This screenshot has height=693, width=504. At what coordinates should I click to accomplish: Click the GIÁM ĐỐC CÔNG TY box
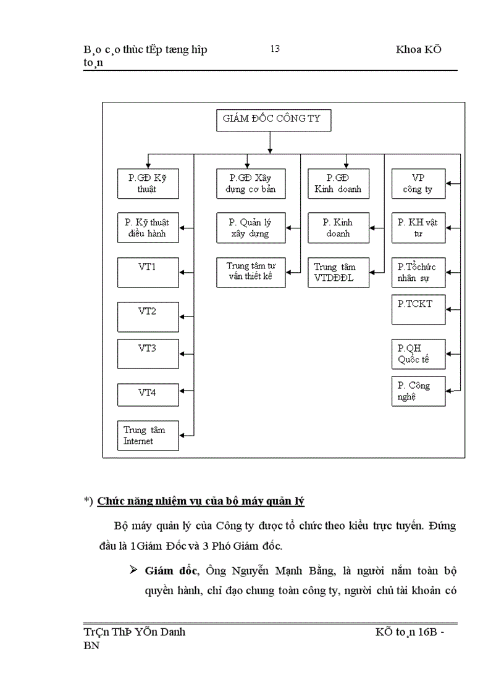tap(274, 120)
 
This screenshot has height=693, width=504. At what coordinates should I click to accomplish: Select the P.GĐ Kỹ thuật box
tap(148, 184)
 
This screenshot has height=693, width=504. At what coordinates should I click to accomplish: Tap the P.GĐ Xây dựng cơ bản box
tap(251, 184)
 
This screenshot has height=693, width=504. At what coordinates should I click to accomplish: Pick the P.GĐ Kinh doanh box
tap(338, 184)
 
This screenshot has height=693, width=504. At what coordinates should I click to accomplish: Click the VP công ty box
tap(418, 184)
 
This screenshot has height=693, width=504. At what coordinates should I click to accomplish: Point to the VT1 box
tap(148, 272)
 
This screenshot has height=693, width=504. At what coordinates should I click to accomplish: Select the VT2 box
tap(148, 317)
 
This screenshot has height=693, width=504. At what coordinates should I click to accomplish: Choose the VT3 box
tap(148, 354)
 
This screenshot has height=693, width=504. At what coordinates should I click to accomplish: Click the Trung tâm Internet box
tap(148, 436)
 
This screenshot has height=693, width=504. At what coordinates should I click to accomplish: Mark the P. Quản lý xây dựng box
tap(251, 228)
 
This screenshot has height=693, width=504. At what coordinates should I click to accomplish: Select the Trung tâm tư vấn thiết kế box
tap(251, 272)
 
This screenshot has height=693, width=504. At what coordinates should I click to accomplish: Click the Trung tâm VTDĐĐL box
tap(338, 272)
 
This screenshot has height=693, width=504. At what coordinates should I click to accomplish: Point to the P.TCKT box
tap(418, 310)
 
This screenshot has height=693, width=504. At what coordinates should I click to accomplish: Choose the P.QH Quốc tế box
tap(418, 354)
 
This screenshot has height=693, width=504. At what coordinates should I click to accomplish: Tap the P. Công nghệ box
tap(418, 391)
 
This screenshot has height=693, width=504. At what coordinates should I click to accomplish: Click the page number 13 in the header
tap(275, 49)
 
